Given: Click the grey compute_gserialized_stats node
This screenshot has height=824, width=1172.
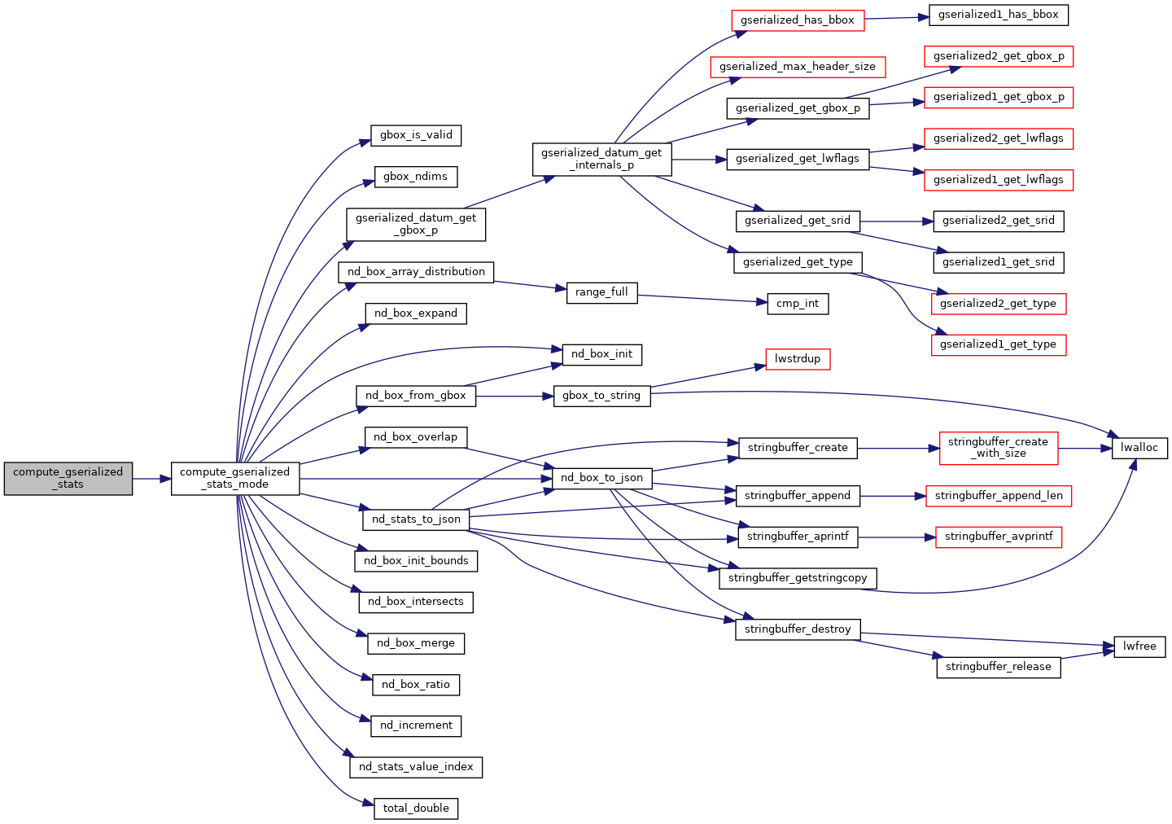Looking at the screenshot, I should point(68,478).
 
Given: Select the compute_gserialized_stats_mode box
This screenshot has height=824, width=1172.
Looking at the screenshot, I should point(235,478).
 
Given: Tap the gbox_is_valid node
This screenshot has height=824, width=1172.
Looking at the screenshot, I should point(416,135).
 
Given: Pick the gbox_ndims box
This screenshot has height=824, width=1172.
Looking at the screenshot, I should point(416,177).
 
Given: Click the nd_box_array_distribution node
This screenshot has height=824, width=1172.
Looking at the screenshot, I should point(416,272).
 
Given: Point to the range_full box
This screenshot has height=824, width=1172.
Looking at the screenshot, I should point(601,292).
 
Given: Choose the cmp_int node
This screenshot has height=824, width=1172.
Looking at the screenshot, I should point(798,304).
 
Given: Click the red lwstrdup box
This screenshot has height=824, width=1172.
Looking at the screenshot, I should point(798,359).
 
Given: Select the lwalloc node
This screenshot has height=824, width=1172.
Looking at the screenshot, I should point(1139,448).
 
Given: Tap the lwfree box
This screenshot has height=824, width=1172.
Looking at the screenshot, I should point(1139,646).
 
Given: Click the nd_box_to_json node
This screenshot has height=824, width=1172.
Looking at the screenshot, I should point(601,478).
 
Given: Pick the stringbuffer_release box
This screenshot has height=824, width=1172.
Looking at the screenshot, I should point(998,667).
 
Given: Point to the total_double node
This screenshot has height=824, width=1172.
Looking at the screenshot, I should point(416,809).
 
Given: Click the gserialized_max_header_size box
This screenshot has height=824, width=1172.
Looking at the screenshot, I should point(798,67).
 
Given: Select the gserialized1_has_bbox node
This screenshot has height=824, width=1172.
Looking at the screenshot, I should point(998,15).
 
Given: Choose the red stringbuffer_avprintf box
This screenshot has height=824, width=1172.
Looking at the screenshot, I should point(998,537).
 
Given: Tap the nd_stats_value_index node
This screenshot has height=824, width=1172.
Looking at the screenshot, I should point(416,767).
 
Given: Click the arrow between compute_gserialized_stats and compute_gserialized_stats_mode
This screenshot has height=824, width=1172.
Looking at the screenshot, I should point(151,479).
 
